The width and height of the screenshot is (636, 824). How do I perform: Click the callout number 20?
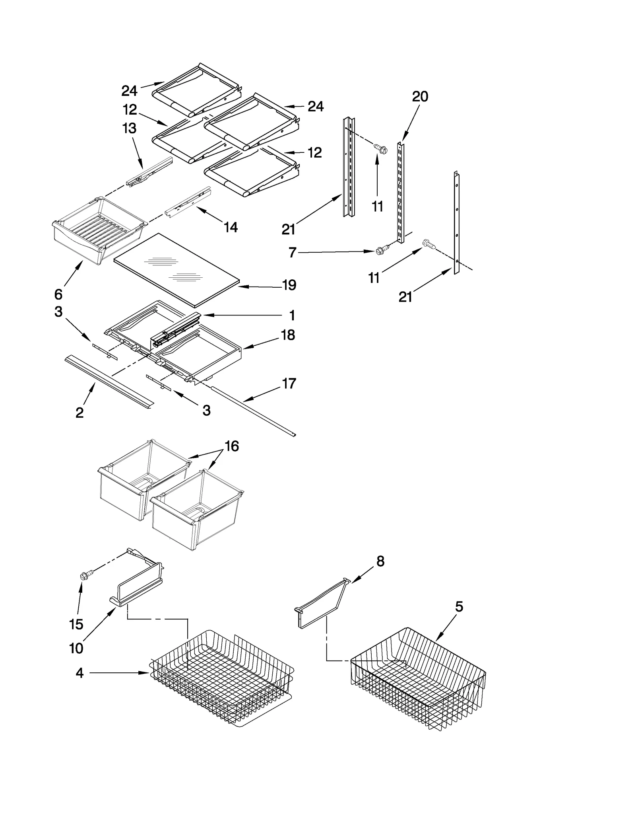420,97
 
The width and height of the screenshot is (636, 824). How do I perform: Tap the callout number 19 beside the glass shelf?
289,285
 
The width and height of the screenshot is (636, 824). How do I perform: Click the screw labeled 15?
85,575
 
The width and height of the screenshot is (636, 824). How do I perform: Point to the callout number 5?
459,607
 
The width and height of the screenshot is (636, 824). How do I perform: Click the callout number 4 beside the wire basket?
79,673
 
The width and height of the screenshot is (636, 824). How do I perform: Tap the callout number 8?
380,561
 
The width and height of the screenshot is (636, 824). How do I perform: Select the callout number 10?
76,648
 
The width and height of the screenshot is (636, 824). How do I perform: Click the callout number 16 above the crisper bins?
232,446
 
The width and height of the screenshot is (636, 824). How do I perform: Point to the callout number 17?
289,384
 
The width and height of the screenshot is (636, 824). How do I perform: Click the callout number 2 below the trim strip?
79,413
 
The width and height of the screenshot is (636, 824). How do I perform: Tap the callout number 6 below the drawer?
58,294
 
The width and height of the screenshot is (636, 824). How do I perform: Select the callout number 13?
130,129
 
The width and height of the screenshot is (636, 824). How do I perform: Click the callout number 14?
231,227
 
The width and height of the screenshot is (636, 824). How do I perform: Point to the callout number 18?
288,335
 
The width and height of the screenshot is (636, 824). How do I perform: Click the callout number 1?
292,316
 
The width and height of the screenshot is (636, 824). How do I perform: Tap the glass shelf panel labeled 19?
177,271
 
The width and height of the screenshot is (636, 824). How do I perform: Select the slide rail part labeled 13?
149,172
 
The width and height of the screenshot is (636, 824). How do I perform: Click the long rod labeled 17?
254,412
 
